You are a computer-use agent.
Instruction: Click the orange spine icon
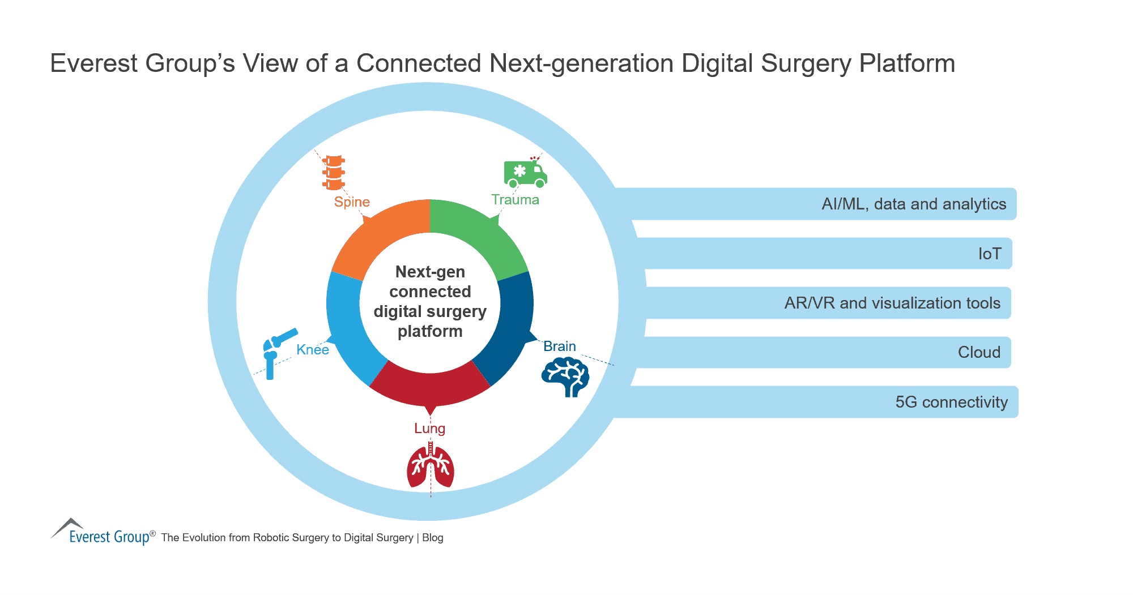pos(333,173)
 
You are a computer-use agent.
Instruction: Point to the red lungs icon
pos(431,468)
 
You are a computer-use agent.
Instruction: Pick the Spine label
pos(352,202)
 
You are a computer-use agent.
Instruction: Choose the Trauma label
pos(515,200)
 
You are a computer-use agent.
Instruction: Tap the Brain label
pos(559,346)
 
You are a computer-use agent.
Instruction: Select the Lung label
pos(429,429)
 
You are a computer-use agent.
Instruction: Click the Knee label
pos(313,350)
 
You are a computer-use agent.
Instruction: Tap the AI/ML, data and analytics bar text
pos(913,204)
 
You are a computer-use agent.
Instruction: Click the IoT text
pos(990,254)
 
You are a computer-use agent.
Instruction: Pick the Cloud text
pos(979,352)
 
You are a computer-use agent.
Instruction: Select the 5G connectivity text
pos(951,402)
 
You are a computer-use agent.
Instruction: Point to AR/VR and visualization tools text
pos(892,303)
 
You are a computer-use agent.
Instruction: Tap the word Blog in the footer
pos(432,538)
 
